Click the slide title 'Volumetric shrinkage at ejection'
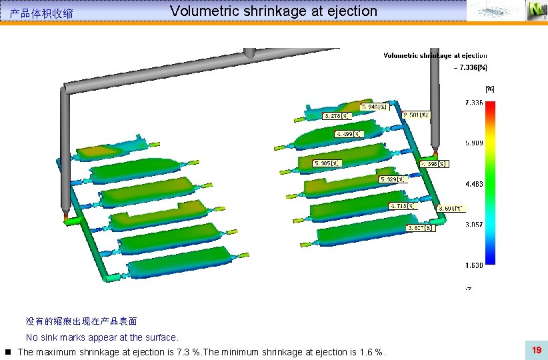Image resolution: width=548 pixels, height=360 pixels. (273, 11)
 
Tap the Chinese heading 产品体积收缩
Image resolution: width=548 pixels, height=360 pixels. (41, 13)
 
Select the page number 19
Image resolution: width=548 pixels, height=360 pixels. (536, 350)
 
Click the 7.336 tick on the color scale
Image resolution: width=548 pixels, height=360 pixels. (474, 103)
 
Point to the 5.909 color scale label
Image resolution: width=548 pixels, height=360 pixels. (474, 143)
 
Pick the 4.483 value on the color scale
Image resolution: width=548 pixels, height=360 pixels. (474, 184)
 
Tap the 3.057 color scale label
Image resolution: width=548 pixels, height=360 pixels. (474, 225)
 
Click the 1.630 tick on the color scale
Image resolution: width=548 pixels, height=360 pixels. (474, 265)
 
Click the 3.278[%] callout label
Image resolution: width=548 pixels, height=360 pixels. (337, 116)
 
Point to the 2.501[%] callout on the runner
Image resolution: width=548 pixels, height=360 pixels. (416, 115)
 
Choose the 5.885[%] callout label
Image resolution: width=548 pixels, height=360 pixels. (327, 163)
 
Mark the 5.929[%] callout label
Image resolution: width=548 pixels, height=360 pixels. (393, 179)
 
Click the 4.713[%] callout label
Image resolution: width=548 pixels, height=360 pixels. (403, 206)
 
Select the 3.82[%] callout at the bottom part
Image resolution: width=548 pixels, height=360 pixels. (421, 228)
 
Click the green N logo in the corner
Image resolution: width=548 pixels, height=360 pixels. (535, 10)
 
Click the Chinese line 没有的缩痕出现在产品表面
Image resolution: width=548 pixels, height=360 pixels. (81, 321)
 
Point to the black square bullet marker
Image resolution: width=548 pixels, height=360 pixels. (7, 351)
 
